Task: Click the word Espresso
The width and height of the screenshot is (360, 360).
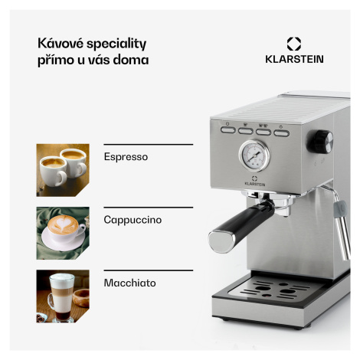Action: [x=126, y=157]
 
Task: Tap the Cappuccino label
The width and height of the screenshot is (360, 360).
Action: [x=133, y=220]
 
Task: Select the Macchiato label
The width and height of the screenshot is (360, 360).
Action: [x=129, y=283]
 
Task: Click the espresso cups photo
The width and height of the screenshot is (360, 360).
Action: [x=63, y=170]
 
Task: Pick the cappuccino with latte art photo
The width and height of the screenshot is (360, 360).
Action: [x=63, y=233]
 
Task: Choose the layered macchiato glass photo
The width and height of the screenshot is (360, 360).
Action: [x=63, y=296]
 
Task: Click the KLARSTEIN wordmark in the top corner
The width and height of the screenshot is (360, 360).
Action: [x=294, y=59]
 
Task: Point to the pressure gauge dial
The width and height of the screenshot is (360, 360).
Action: [x=254, y=155]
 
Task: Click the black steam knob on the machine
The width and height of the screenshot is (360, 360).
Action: [x=320, y=142]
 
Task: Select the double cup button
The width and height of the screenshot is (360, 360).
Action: [x=263, y=132]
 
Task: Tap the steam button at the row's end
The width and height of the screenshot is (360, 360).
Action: [x=281, y=133]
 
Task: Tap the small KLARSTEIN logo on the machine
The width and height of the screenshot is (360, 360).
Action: [x=254, y=181]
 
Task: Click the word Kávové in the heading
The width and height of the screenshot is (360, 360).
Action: [x=61, y=43]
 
